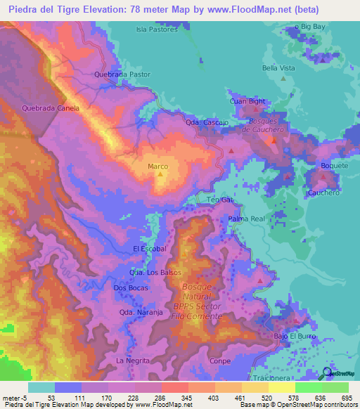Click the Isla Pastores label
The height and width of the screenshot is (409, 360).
[157, 30]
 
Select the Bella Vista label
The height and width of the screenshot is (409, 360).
[278, 68]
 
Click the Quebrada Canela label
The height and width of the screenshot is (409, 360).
[51, 108]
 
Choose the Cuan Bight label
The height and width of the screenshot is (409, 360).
[247, 101]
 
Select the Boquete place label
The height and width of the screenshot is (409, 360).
[334, 166]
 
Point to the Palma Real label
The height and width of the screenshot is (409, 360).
[246, 219]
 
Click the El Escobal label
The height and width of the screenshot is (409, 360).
[149, 249]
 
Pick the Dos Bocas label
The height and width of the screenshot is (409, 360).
[129, 288]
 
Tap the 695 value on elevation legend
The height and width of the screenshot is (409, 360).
[347, 398]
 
